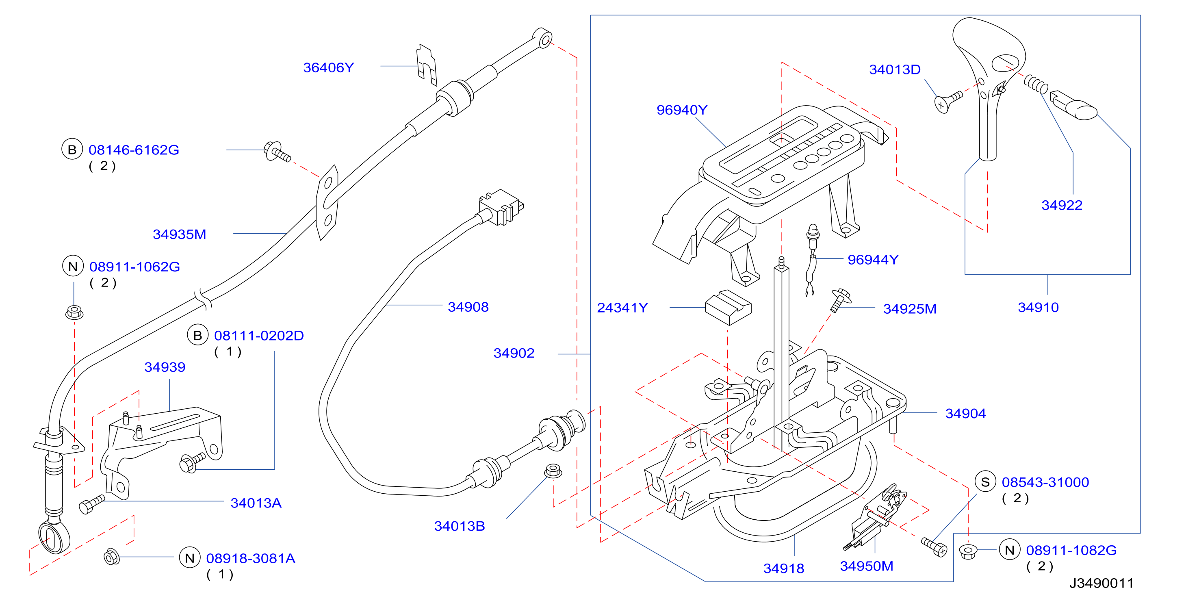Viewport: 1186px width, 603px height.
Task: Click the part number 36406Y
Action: [x=328, y=68]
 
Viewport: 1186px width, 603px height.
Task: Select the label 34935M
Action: [x=180, y=234]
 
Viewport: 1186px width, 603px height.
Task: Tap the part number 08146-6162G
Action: [x=134, y=150]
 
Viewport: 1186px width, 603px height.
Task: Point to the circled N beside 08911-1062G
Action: [x=73, y=266]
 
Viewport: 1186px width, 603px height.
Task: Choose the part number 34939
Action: [x=165, y=367]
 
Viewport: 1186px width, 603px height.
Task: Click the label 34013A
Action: [x=256, y=503]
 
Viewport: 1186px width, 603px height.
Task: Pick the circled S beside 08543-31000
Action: [x=985, y=482]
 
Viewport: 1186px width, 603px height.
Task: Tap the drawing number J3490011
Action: [x=1101, y=583]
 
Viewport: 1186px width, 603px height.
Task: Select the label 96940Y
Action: [x=682, y=110]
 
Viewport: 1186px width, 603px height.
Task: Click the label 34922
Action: [x=1062, y=205]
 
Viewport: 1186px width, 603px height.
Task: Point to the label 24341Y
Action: [x=622, y=308]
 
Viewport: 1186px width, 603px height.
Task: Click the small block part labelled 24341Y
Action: [x=728, y=307]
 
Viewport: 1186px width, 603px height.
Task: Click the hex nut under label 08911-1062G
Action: [x=74, y=312]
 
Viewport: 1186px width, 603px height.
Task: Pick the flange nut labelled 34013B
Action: [x=553, y=471]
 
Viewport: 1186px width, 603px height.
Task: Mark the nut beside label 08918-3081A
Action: [x=112, y=557]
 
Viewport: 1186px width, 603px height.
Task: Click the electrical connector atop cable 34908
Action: [x=501, y=207]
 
